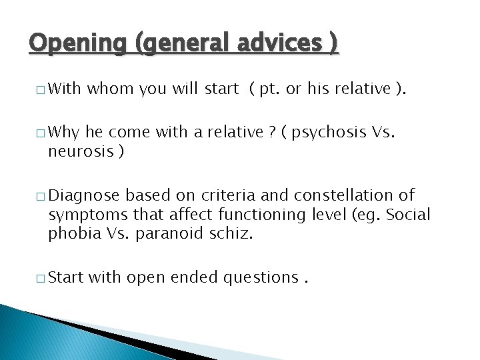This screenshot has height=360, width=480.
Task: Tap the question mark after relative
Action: (271, 133)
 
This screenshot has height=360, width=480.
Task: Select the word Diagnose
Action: (85, 195)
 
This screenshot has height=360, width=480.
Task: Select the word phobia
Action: (72, 234)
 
